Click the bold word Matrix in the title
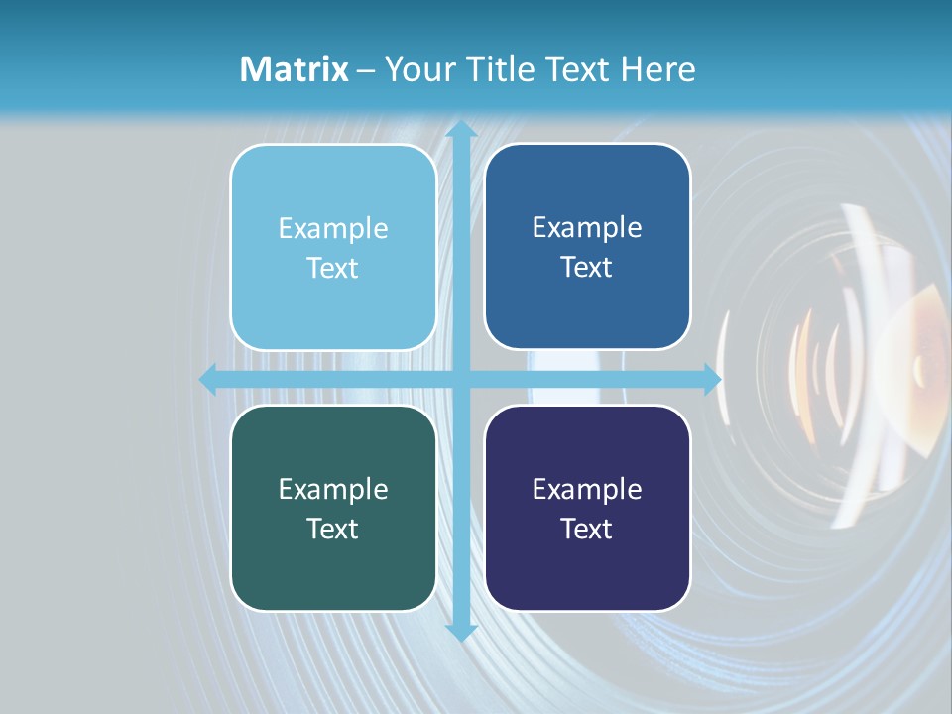(295, 69)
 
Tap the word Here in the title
(657, 69)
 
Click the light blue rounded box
(333, 248)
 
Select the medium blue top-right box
(587, 247)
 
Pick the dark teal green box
(333, 509)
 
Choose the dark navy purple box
(587, 509)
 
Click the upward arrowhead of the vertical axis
(460, 129)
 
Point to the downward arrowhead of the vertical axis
(460, 632)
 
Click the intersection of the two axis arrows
(460, 379)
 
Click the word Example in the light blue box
(333, 228)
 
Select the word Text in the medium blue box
(587, 267)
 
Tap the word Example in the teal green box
(333, 489)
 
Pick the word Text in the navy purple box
(587, 529)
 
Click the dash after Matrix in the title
(366, 70)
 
